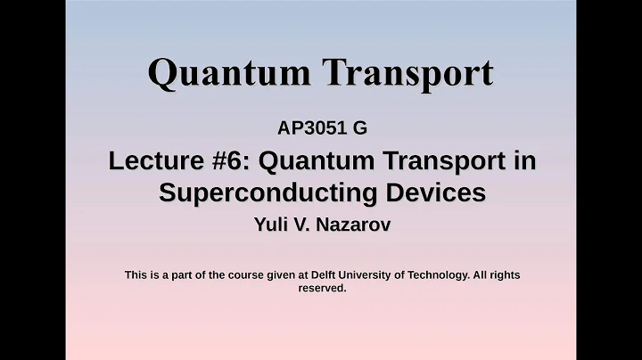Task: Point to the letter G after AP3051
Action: pyautogui.click(x=360, y=128)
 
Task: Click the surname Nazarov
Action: pyautogui.click(x=353, y=225)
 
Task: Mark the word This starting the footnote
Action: pyautogui.click(x=136, y=275)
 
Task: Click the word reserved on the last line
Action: pyautogui.click(x=321, y=289)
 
